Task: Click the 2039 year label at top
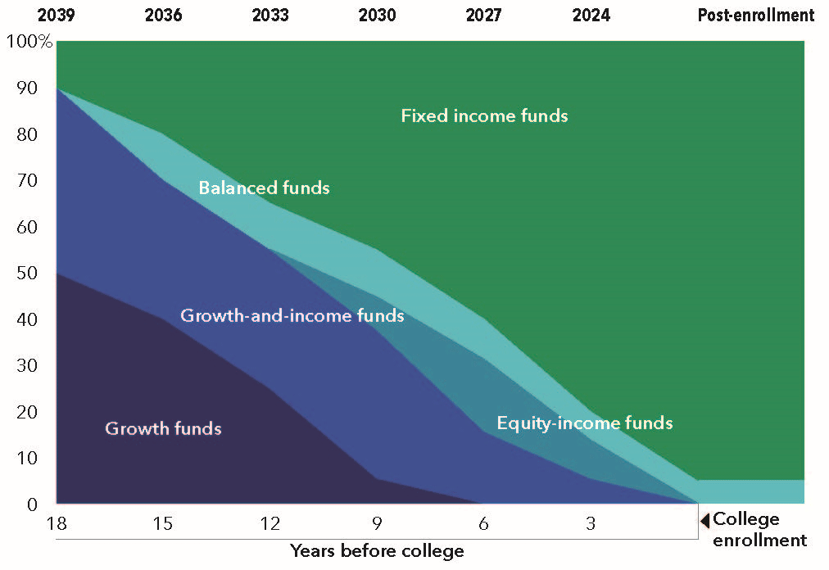[x=56, y=15]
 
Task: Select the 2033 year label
[x=270, y=15]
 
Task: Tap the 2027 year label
[x=484, y=15]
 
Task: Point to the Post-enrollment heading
[x=756, y=15]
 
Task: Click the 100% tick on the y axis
[x=29, y=41]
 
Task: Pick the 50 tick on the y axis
[x=27, y=273]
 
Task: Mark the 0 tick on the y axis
[x=32, y=504]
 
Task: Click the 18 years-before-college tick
[x=57, y=523]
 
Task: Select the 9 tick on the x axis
[x=377, y=523]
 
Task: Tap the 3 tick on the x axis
[x=591, y=523]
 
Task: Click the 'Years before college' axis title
[x=377, y=551]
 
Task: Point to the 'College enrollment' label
[x=759, y=529]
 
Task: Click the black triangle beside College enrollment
[x=704, y=521]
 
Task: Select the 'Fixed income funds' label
[x=484, y=115]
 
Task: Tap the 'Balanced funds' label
[x=264, y=188]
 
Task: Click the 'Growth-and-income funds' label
[x=292, y=315]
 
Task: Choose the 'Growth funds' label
[x=163, y=428]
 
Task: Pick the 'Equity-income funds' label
[x=585, y=423]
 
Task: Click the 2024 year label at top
[x=591, y=15]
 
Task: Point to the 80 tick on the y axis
[x=27, y=134]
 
